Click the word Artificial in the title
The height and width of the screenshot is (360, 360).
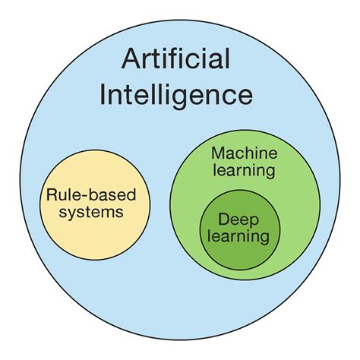pyautogui.click(x=179, y=61)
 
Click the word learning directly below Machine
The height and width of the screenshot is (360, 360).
pyautogui.click(x=243, y=169)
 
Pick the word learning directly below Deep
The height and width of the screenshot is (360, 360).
pyautogui.click(x=240, y=236)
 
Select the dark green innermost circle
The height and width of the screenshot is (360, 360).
pyautogui.click(x=239, y=251)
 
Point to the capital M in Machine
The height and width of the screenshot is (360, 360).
pyautogui.click(x=216, y=152)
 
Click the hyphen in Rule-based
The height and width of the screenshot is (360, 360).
pyautogui.click(x=80, y=196)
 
